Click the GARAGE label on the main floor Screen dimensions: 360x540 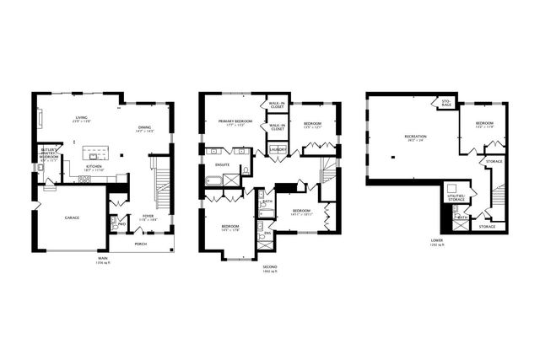coord(73,218)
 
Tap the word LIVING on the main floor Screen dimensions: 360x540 coord(82,118)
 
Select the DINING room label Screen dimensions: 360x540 coord(145,127)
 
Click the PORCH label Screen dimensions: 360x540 coord(140,244)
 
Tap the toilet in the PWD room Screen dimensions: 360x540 coord(114,226)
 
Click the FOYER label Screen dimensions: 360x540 coord(148,215)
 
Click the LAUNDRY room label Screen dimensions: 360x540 coord(278,150)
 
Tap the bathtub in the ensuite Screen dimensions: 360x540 coord(213,180)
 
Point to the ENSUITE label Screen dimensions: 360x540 coord(224,165)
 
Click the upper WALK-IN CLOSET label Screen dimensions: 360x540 coord(276,105)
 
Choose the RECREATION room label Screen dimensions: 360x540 coord(415,136)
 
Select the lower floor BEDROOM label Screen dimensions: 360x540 coord(484,123)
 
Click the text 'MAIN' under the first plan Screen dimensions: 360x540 coord(102,257)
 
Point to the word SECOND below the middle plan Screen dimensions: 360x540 coord(269,267)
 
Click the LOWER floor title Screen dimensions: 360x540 coord(436,240)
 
